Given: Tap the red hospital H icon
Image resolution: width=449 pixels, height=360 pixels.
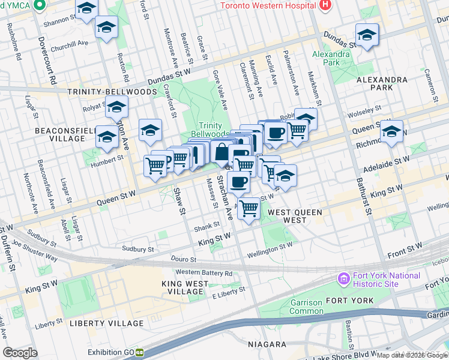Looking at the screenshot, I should point(325,5).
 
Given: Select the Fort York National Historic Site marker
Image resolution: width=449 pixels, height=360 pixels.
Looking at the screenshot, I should point(343,279).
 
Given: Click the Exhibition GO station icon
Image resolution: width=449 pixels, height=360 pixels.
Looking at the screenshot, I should point(139,353).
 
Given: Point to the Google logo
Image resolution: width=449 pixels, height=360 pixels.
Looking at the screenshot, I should point(20,353).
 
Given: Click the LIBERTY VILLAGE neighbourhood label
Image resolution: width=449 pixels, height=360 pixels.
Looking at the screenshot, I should point(107,323).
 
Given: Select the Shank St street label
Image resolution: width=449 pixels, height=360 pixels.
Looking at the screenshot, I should point(204,229).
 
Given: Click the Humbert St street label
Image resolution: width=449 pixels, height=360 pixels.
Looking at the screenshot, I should point(111,159).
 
